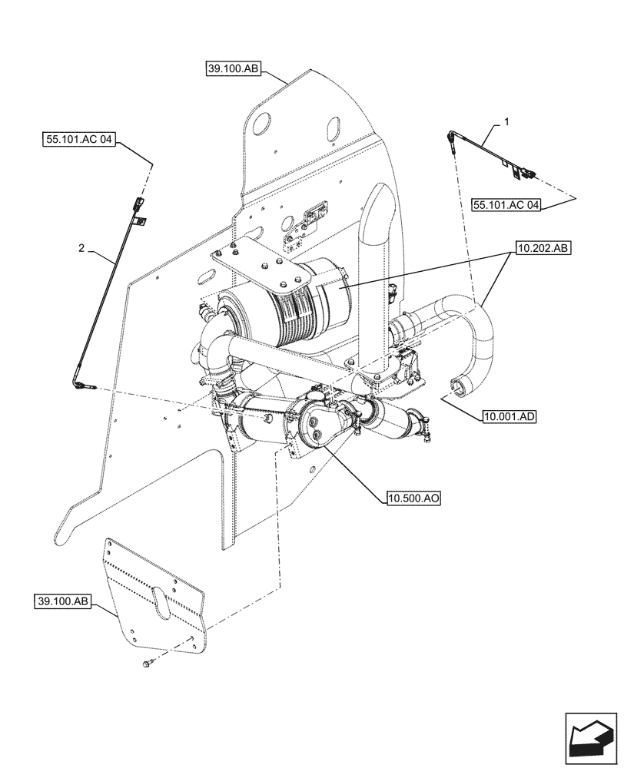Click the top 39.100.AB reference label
234,69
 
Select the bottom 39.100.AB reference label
61,601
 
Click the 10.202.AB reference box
543,249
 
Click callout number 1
506,121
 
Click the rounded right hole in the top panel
336,127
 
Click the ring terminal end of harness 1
450,139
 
